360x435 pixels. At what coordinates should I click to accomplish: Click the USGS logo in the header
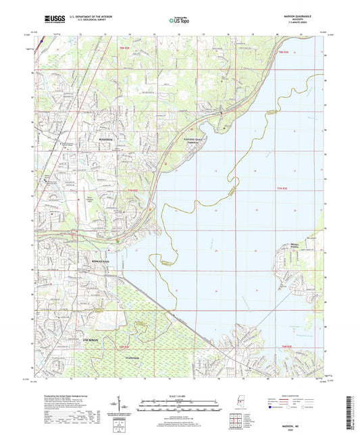50,20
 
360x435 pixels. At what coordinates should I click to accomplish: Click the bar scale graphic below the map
179,406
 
